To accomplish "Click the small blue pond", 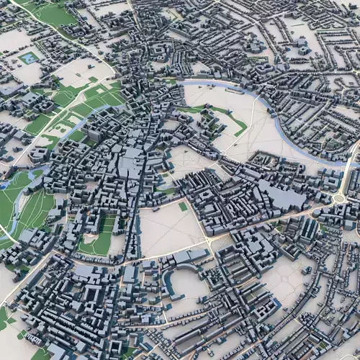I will pyautogui.click(x=29, y=58).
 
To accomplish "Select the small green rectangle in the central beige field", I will pyautogui.click(x=183, y=206).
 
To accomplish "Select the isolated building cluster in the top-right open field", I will pyautogui.click(x=302, y=47).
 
